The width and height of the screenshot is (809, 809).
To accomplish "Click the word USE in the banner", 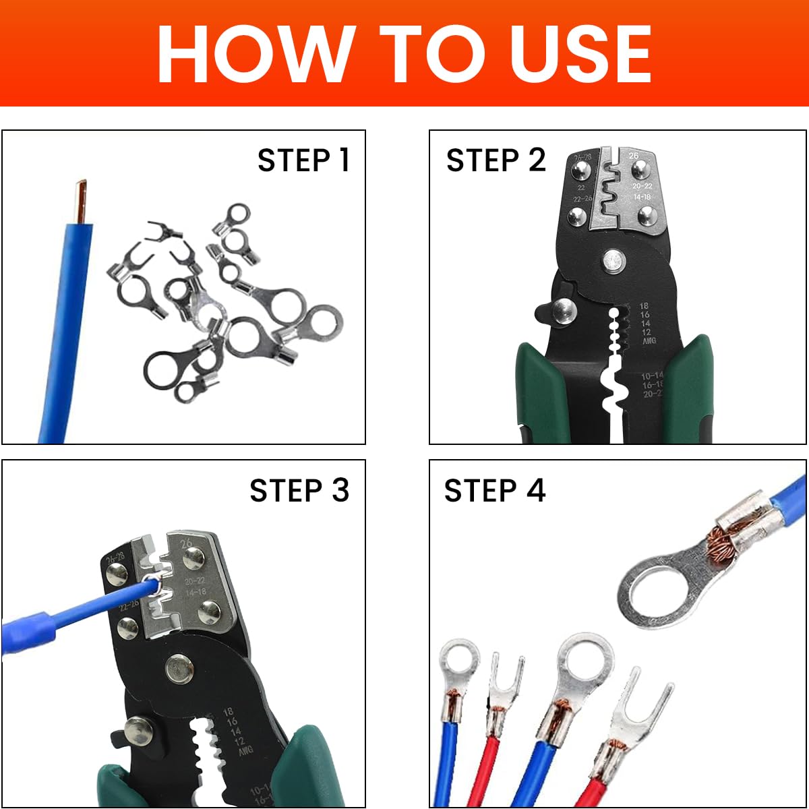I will pos(580,54).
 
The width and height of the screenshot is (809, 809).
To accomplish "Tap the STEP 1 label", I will pos(303,160).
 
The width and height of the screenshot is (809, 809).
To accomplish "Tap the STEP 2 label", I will pos(496,160).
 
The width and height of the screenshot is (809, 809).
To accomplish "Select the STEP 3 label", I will pos(299,490).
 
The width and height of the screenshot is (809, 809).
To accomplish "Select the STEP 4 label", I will pos(494,490).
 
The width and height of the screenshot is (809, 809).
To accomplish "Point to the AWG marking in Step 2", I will pos(648,341).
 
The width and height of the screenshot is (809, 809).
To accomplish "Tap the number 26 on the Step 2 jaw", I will pos(634,156).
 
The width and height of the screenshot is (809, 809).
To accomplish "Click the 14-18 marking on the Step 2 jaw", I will pos(642,197).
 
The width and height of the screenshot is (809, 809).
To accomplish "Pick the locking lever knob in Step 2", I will pos(564,311).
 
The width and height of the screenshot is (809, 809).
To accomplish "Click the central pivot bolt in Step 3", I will pos(179,669).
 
